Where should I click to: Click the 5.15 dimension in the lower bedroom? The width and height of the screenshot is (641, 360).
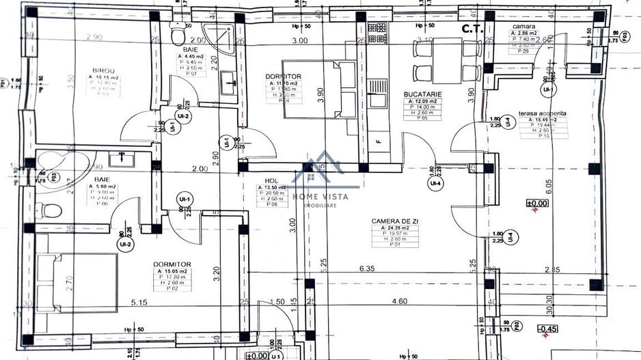[x=139, y=301]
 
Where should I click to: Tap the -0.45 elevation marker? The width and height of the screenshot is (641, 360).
[x=547, y=329]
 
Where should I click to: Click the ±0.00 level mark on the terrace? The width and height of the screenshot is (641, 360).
[x=536, y=203]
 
